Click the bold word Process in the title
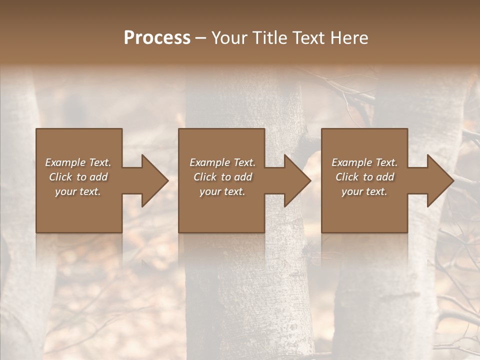[x=157, y=38]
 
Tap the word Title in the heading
[x=270, y=38]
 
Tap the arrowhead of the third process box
[x=439, y=180]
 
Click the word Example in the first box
[x=65, y=162]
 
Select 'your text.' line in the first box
[x=78, y=191]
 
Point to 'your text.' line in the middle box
[x=222, y=191]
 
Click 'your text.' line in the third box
[x=364, y=191]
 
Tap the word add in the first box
[x=98, y=177]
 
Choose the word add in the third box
[x=384, y=177]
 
